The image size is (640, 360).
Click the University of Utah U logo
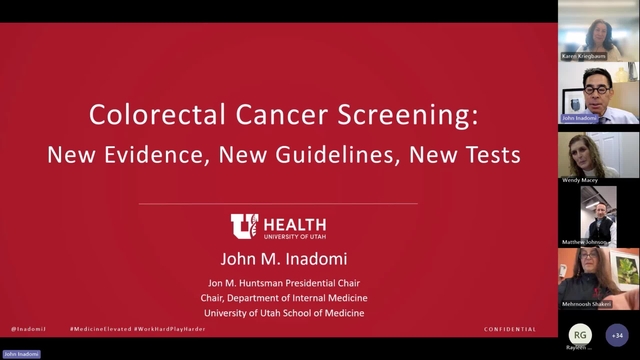point(243,226)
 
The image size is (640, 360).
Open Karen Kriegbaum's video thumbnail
point(598,36)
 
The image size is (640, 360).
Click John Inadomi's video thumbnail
point(598,93)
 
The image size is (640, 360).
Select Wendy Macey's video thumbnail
point(598,155)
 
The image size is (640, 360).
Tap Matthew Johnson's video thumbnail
point(598,215)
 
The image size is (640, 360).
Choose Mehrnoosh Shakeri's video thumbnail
point(598,278)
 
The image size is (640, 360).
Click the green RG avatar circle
point(580,335)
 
